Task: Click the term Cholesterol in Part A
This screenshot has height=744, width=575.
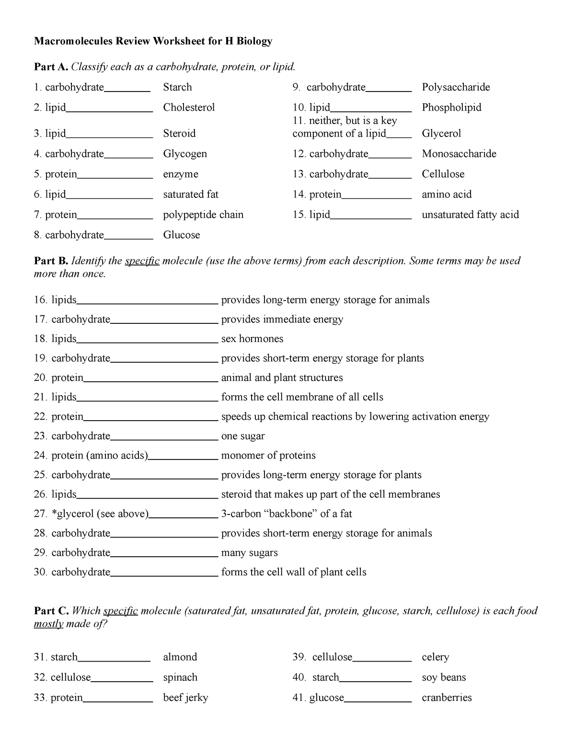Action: [x=189, y=107]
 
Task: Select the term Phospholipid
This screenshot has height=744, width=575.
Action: [x=451, y=107]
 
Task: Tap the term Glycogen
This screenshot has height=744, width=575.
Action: [x=185, y=154]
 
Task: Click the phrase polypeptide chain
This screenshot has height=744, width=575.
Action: [x=203, y=215]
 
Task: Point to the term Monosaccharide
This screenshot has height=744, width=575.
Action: [x=459, y=154]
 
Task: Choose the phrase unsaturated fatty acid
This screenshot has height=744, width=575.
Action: [x=470, y=215]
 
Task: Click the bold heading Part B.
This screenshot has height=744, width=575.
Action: [x=51, y=261]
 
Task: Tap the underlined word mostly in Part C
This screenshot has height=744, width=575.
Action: [x=48, y=624]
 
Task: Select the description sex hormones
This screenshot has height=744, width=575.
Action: [x=252, y=339]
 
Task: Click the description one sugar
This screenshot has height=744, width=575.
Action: [x=242, y=436]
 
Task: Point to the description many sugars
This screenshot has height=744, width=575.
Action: [x=249, y=553]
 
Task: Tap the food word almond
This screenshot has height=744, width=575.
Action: [x=180, y=657]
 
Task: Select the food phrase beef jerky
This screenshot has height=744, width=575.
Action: [x=185, y=698]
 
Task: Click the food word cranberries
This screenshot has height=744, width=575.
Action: [x=447, y=698]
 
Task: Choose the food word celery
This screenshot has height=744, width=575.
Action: [x=435, y=657]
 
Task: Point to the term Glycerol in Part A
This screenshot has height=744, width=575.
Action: [x=441, y=133]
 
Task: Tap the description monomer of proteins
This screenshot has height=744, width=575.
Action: [x=268, y=456]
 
